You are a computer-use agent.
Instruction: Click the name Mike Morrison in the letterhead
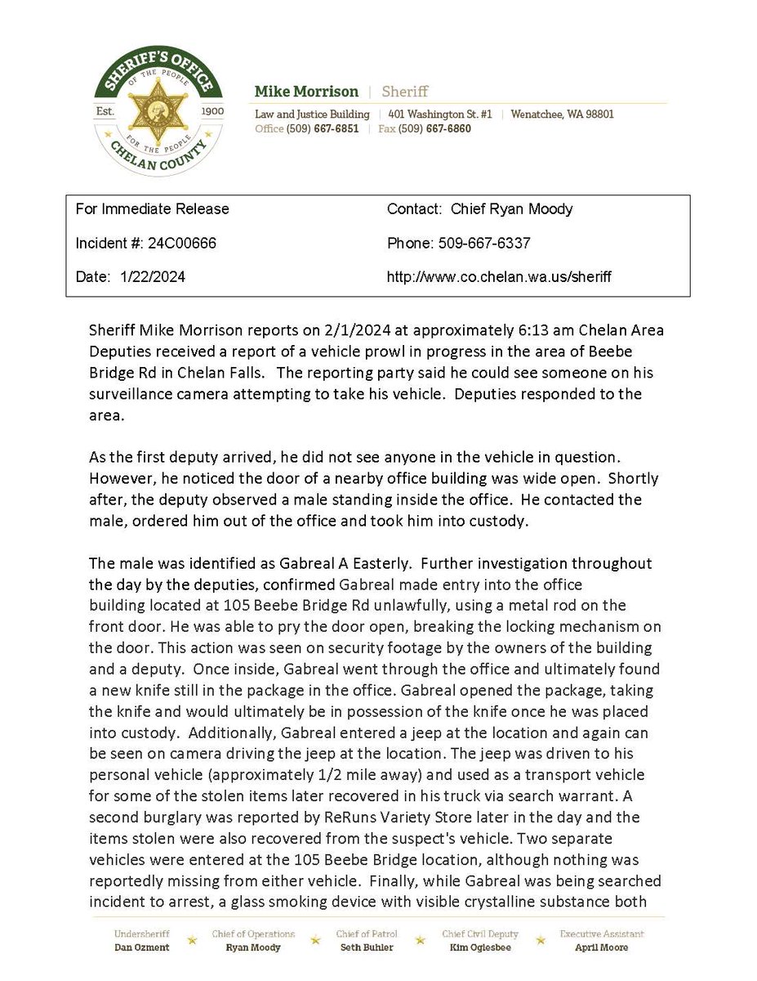pyautogui.click(x=306, y=92)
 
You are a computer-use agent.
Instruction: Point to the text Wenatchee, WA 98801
pyautogui.click(x=562, y=114)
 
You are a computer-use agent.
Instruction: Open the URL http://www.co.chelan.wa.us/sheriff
pyautogui.click(x=499, y=277)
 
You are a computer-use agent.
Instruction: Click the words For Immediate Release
pyautogui.click(x=152, y=208)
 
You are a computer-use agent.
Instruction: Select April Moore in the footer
pyautogui.click(x=601, y=947)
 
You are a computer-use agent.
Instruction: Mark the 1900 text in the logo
pyautogui.click(x=199, y=109)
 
